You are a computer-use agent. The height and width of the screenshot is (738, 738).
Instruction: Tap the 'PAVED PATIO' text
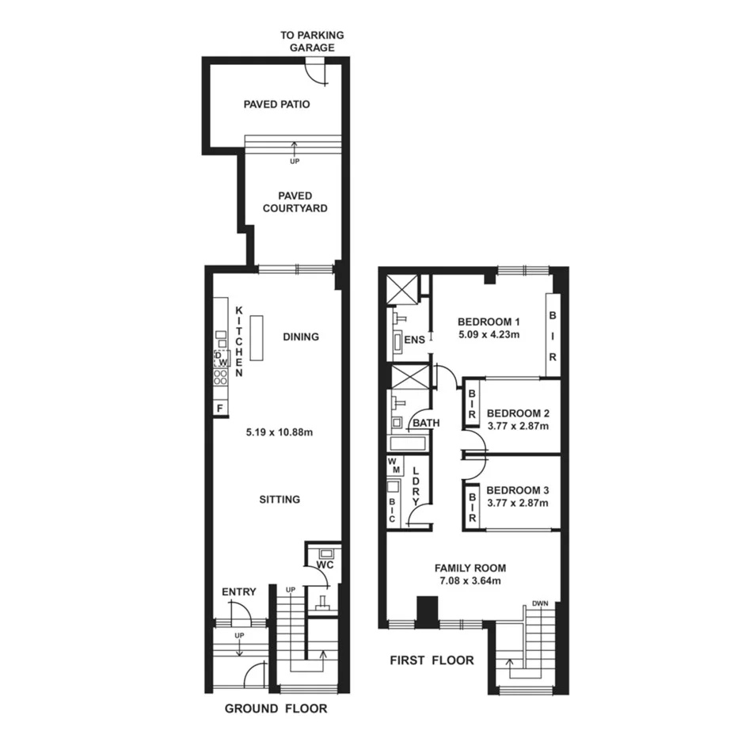point(276,104)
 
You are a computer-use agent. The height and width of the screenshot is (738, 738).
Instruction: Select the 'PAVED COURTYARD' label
point(295,202)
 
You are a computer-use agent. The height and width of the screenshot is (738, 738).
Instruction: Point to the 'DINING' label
point(301,337)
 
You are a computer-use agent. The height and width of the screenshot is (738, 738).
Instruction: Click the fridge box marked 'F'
point(219,408)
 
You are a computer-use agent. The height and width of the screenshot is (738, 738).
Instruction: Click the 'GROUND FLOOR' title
point(276,709)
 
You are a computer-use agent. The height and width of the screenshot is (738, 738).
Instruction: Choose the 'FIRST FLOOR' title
point(432,660)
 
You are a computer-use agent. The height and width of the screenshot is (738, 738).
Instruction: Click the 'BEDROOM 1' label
point(489,321)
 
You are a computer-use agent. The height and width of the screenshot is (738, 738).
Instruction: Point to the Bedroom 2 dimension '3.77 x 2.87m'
point(518,426)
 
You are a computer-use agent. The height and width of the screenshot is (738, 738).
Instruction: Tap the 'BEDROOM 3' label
point(518,489)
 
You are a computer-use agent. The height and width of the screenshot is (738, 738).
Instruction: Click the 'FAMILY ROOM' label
point(470,568)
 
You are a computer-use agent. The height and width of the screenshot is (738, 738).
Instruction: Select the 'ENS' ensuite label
point(415,340)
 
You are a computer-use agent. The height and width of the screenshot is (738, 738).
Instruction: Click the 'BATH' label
point(425,424)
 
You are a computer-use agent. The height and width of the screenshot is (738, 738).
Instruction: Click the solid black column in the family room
point(428,611)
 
